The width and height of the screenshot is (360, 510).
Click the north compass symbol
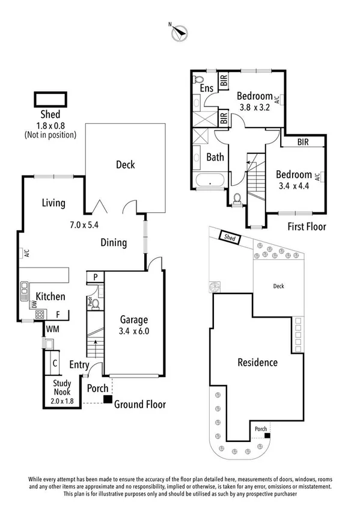tap(178, 34)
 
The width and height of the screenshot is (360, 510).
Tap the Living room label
tap(53, 203)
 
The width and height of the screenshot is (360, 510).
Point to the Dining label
tap(114, 243)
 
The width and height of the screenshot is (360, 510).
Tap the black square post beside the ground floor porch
tap(106, 399)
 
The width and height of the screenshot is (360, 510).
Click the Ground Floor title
tap(140, 405)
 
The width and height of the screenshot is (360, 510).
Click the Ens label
tap(206, 89)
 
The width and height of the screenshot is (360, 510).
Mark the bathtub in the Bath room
tap(210, 180)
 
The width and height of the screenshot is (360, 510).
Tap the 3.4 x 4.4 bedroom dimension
tap(294, 186)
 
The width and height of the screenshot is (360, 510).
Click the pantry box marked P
tap(95, 277)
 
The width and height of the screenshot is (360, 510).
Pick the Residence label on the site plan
tap(257, 363)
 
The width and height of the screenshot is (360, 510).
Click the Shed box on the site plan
tap(230, 238)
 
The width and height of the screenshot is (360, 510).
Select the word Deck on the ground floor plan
tap(125, 165)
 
